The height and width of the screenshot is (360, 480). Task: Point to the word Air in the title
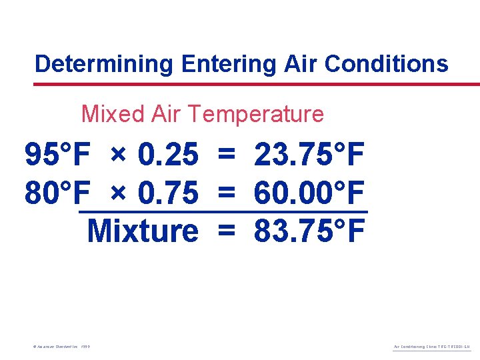(301, 64)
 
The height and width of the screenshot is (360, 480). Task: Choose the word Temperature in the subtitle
(256, 114)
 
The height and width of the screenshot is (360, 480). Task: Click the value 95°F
(57, 156)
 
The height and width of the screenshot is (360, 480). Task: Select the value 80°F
(57, 193)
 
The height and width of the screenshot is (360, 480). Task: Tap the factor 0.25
(168, 156)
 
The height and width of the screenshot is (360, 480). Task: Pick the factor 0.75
(168, 193)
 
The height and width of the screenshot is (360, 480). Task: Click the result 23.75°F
(309, 156)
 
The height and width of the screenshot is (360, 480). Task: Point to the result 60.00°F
(309, 193)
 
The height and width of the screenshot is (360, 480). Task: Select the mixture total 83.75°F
(309, 231)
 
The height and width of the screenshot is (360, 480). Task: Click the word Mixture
(143, 231)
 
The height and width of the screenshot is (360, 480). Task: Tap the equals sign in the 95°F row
(227, 156)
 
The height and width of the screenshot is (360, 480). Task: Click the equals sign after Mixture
(227, 231)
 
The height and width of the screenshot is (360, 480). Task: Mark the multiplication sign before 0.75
(118, 193)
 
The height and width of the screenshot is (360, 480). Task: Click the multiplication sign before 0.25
(118, 156)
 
